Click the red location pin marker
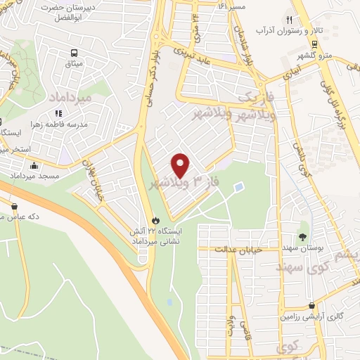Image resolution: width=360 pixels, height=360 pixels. [181, 165]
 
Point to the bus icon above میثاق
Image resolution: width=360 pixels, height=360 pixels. [73, 53]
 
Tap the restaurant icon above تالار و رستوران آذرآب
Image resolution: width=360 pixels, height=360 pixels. [288, 20]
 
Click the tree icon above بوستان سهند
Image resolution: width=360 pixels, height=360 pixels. [303, 236]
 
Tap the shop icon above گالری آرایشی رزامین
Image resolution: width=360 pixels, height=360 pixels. [311, 306]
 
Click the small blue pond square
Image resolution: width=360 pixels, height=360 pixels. [239, 188]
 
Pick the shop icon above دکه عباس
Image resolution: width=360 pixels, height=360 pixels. [14, 206]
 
